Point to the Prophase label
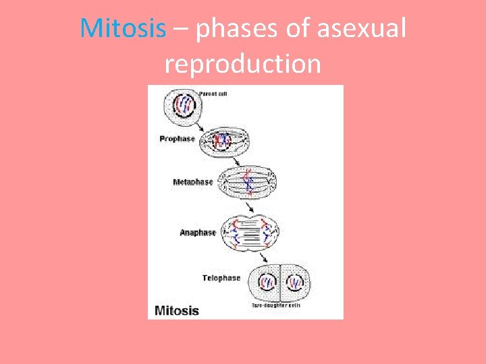177,139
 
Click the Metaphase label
192,182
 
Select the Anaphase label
198,233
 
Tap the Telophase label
221,278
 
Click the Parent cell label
213,94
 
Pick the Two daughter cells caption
276,305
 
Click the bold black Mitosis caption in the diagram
177,311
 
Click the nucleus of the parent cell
185,104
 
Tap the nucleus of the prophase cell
221,141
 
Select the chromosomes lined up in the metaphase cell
250,181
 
